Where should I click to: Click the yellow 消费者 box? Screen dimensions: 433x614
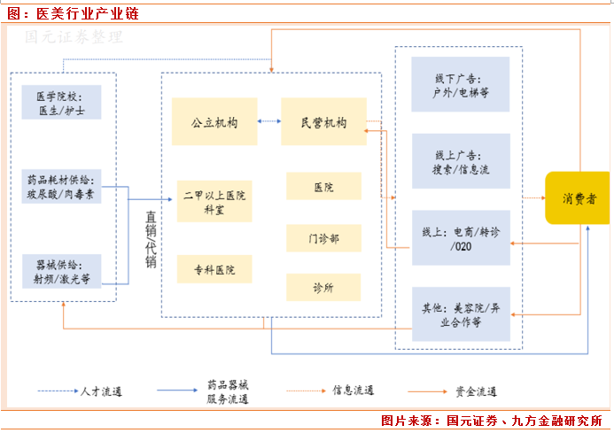(x=577, y=197)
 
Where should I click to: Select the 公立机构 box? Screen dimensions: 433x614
(x=214, y=121)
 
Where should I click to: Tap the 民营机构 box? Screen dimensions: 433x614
(x=323, y=121)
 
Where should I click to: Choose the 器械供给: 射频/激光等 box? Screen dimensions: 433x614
(x=61, y=270)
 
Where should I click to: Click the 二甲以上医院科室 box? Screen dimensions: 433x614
(x=214, y=201)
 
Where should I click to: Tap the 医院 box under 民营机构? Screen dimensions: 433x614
(x=323, y=187)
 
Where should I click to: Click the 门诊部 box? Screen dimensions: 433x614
(x=323, y=237)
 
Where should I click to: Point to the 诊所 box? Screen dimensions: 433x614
(x=323, y=287)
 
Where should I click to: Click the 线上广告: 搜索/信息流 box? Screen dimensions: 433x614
(x=461, y=160)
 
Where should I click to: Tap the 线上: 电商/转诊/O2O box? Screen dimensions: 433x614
(x=461, y=238)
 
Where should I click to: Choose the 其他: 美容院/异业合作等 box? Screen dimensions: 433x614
(x=461, y=314)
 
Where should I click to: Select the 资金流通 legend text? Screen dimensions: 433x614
(x=477, y=390)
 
